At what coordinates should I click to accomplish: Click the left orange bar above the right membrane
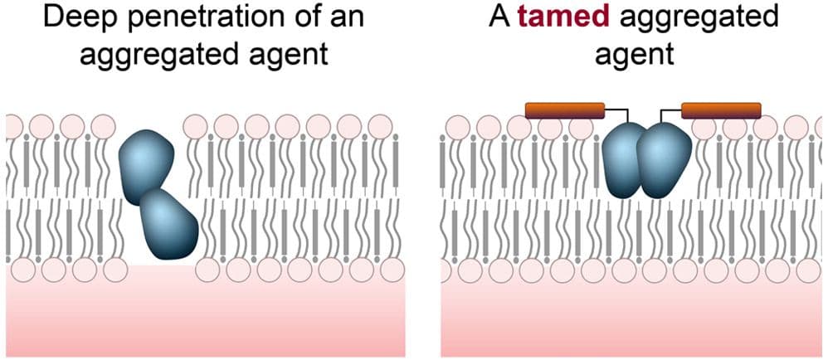[x=565, y=110]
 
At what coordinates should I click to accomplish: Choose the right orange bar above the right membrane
[x=721, y=110]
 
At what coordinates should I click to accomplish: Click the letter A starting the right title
[x=499, y=18]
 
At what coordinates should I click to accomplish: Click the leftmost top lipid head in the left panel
[x=14, y=127]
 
